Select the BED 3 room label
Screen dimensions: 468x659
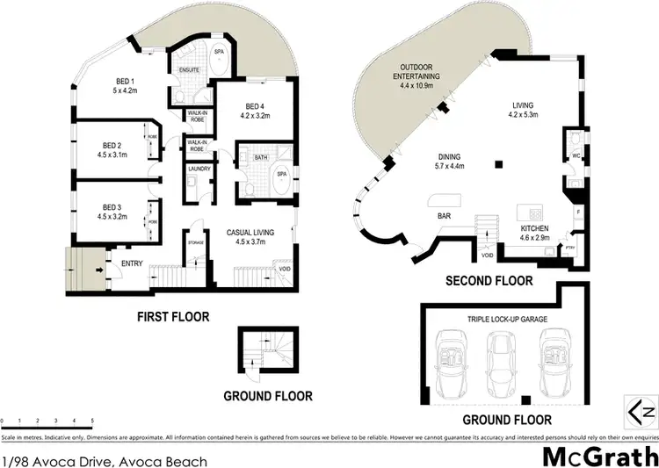click(x=111, y=206)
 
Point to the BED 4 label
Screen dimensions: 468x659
click(x=255, y=104)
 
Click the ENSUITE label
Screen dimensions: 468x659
click(x=190, y=68)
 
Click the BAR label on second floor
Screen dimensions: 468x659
click(x=432, y=213)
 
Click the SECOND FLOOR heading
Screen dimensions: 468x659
click(x=489, y=281)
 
